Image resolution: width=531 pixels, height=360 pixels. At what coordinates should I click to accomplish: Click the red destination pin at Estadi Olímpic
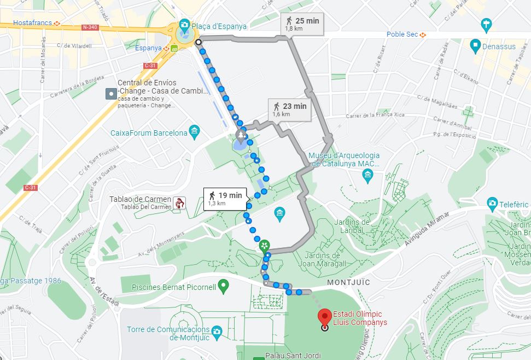click(x=325, y=316)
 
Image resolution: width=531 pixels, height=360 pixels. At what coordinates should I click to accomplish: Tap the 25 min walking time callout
click(x=302, y=24)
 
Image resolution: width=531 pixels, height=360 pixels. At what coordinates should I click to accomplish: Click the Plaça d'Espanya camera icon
click(x=185, y=25)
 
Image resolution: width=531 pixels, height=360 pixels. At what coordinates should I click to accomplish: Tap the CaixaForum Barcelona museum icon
click(x=195, y=132)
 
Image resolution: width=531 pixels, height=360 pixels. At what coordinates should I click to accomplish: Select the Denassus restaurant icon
click(x=475, y=46)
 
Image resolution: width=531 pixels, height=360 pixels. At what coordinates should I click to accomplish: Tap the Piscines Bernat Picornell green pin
click(x=223, y=284)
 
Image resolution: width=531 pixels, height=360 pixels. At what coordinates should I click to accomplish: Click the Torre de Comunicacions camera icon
click(x=217, y=331)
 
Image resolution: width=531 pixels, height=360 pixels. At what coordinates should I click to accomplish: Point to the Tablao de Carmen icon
click(x=179, y=203)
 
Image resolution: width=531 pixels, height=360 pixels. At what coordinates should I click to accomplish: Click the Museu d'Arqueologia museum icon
click(x=367, y=175)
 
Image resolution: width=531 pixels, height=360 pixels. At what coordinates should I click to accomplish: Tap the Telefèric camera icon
click(x=492, y=202)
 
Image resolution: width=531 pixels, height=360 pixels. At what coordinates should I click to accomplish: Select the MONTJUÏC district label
click(x=348, y=282)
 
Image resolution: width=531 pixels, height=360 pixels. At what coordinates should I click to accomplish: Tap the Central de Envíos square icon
click(x=112, y=93)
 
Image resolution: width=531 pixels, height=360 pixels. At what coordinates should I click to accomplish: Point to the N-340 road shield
click(x=90, y=27)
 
